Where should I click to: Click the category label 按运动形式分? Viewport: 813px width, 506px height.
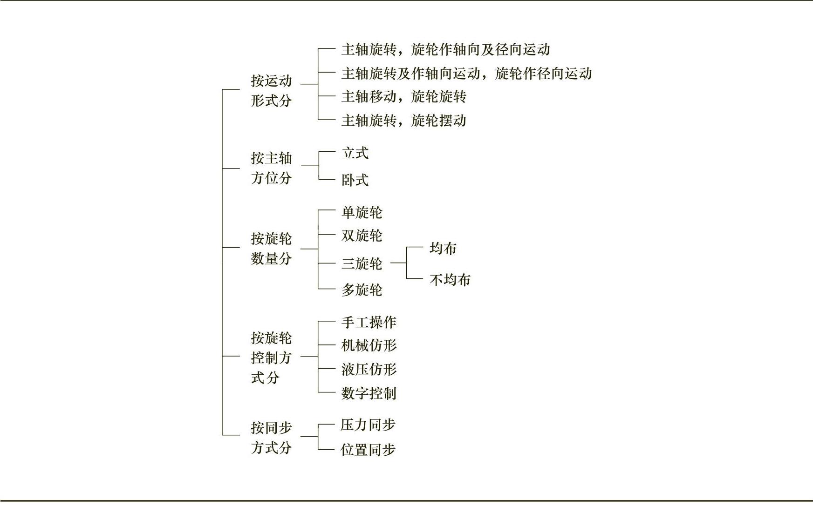(271, 91)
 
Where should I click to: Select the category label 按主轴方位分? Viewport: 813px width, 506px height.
(271, 168)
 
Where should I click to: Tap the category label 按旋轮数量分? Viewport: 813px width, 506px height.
(271, 249)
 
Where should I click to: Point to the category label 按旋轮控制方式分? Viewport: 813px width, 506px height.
(271, 358)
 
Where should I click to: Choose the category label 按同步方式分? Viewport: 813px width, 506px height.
(271, 438)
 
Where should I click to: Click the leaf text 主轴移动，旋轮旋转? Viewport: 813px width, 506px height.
(403, 97)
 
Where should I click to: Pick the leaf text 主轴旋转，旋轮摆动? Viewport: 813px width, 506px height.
(403, 121)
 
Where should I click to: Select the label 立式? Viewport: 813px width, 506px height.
(355, 153)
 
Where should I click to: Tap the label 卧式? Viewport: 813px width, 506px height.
(355, 180)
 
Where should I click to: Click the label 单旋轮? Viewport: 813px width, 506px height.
(362, 213)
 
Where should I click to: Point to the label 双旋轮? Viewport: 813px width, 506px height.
(362, 236)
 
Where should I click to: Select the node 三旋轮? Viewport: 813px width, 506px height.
(362, 264)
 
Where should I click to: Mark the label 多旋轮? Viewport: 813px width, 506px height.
(362, 290)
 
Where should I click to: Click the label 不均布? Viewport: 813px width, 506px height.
(450, 280)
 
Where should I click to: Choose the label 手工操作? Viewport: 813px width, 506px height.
(369, 322)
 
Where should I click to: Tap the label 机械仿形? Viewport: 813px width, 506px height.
(369, 345)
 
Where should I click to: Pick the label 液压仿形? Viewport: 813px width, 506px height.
(369, 370)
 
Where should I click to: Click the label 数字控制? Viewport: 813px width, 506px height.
(369, 393)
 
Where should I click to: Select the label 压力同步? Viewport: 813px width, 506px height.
(368, 425)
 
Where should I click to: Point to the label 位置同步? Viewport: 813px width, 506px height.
(368, 450)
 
